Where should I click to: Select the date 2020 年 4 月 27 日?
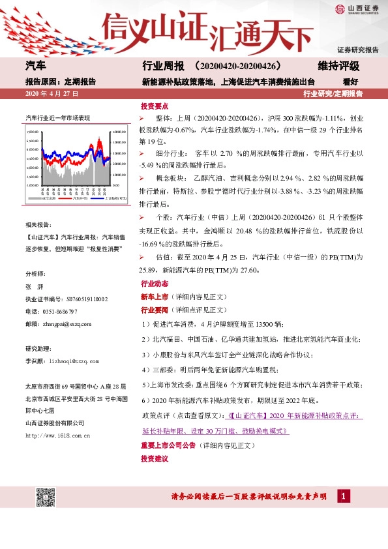pyautogui.click(x=52, y=94)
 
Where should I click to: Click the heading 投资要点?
pyautogui.click(x=155, y=106)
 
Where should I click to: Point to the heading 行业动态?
pyautogui.click(x=155, y=284)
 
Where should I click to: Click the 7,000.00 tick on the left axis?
pyautogui.click(x=33, y=132)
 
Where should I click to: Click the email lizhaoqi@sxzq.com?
pyautogui.click(x=72, y=361)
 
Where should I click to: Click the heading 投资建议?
pyautogui.click(x=155, y=458)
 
